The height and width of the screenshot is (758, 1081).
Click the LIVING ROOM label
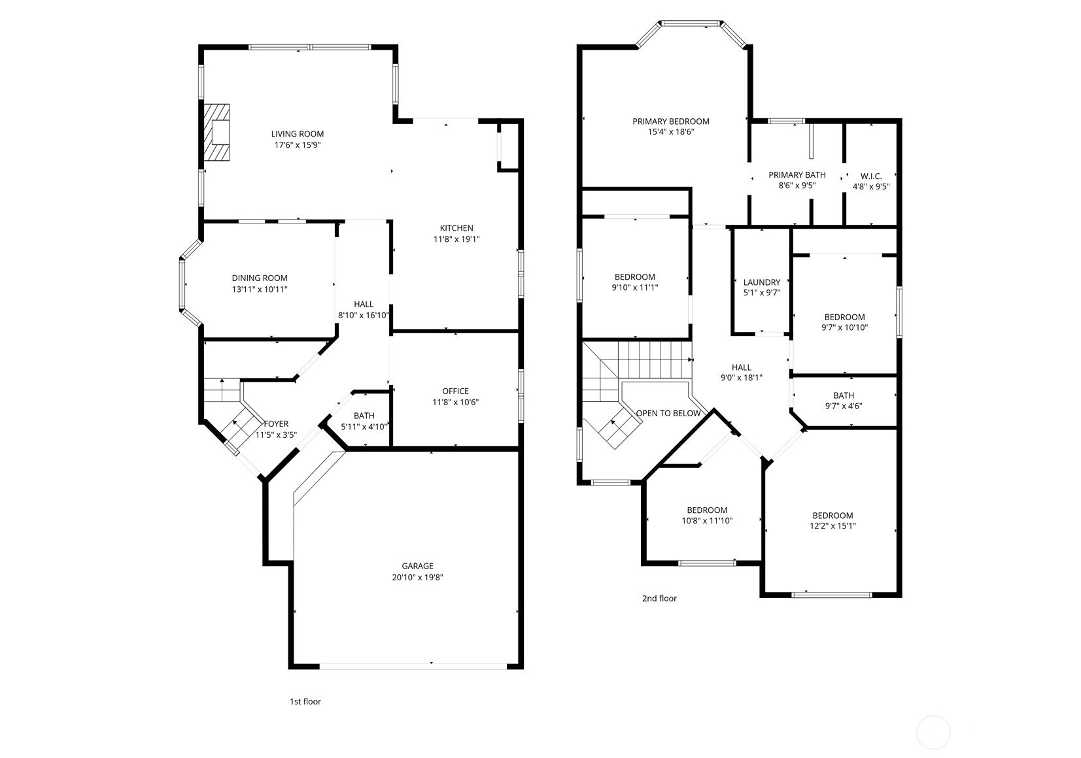(x=298, y=134)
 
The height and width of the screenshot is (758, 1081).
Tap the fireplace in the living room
(x=216, y=132)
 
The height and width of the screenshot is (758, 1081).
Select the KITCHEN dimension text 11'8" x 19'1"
(x=456, y=239)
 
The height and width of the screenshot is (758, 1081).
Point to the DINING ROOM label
(x=260, y=278)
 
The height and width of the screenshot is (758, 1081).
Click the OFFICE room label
(x=456, y=391)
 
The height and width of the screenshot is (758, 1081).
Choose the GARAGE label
(x=418, y=566)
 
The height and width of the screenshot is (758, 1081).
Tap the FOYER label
(x=277, y=424)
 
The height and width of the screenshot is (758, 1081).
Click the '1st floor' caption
(x=305, y=702)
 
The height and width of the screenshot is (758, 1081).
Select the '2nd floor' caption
(x=659, y=599)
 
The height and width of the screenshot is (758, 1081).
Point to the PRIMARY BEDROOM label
(x=671, y=122)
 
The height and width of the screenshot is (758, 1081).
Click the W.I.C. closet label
(x=871, y=176)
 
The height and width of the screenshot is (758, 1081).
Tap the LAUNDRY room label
(x=761, y=282)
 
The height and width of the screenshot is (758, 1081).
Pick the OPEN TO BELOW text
(x=668, y=413)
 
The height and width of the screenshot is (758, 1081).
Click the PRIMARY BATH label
(x=797, y=175)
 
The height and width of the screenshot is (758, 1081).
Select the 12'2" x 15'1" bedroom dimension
(x=833, y=526)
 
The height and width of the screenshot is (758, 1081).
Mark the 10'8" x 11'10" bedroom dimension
(x=707, y=521)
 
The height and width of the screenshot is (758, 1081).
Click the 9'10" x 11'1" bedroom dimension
(x=634, y=288)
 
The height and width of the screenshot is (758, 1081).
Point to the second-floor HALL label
(x=741, y=367)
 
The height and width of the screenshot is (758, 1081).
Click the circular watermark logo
(x=933, y=733)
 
